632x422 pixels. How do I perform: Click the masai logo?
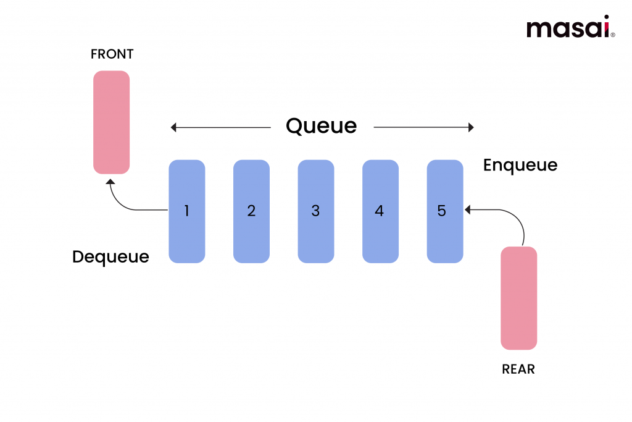[x=567, y=28]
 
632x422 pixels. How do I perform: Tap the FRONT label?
[x=112, y=54]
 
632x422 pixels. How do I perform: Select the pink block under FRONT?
[x=112, y=122]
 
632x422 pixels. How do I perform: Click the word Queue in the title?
[x=321, y=126]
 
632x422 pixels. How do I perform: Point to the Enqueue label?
[x=520, y=166]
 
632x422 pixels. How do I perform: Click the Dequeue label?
[x=110, y=256]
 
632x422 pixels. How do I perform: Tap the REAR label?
[x=518, y=369]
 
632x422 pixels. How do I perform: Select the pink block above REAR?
[x=518, y=298]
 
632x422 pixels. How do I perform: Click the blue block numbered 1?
[x=187, y=211]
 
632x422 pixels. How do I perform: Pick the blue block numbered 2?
[x=251, y=211]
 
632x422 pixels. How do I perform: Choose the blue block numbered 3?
[x=315, y=211]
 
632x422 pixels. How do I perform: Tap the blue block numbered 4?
[x=380, y=211]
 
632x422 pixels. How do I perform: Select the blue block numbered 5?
[x=444, y=211]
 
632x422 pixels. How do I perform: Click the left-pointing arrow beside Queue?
[x=220, y=128]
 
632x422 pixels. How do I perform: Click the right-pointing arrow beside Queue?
[x=424, y=128]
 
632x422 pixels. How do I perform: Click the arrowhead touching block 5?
[x=468, y=210]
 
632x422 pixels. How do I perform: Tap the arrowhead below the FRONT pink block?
[x=110, y=181]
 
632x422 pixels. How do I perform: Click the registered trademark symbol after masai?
[x=612, y=35]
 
